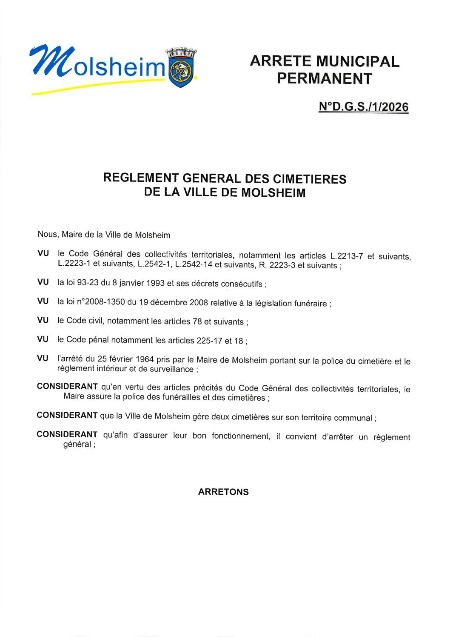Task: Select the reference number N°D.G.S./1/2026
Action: (363, 106)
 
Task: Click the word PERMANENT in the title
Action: (325, 79)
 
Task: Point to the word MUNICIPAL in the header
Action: (358, 61)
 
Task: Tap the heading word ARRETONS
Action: (223, 492)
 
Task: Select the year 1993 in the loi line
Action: (155, 283)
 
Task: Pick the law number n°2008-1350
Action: (101, 302)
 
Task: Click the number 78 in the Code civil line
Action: (197, 321)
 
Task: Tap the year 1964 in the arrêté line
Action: (145, 360)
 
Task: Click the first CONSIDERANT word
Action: (67, 387)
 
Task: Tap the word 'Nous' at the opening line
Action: (47, 234)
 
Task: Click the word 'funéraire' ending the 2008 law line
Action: (310, 303)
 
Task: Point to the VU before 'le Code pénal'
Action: (43, 339)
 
